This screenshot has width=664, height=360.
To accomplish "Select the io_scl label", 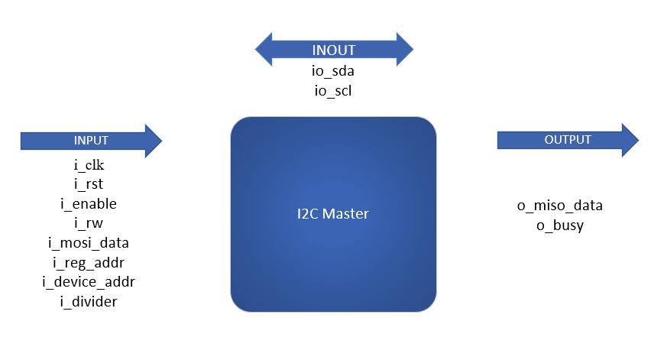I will [x=333, y=91].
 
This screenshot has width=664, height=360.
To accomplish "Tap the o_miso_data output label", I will [x=560, y=206].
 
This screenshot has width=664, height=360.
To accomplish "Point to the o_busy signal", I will [x=560, y=225].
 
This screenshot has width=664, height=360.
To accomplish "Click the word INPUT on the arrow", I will [x=91, y=141].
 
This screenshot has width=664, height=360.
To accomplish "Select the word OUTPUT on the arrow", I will [x=568, y=140].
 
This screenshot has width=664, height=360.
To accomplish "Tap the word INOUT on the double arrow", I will [x=334, y=51].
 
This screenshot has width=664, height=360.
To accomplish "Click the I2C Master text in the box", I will [x=333, y=214].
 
